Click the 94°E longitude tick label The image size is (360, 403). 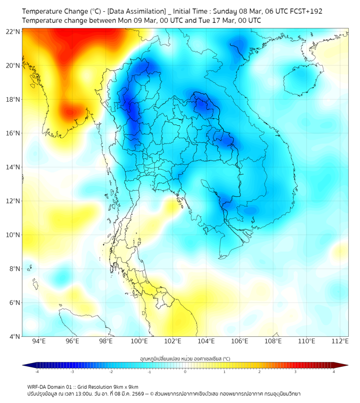tap(39, 341)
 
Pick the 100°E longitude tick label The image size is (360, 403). tap(139, 341)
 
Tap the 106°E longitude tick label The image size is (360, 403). tap(240, 341)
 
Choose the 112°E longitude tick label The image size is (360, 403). tap(340, 341)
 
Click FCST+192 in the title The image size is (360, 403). tap(305, 11)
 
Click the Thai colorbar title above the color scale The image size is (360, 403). tap(185, 358)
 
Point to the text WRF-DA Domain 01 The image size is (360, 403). tap(50, 387)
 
